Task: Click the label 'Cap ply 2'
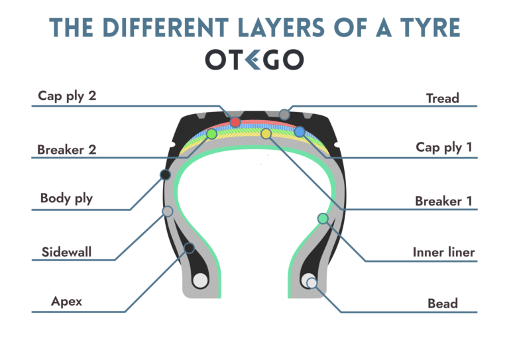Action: coord(67,95)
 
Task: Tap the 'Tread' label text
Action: coord(442,98)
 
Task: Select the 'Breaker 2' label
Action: coord(67,149)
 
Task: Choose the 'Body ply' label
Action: coord(66,198)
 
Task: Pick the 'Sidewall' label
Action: coord(66,252)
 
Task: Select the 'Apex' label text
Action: coord(66,302)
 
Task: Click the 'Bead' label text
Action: coord(442,303)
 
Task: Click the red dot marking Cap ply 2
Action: coord(235,122)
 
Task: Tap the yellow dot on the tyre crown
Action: coord(266,134)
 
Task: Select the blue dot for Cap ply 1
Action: coord(300,132)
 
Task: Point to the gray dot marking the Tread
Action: coord(284,115)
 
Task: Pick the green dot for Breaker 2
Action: coord(211,134)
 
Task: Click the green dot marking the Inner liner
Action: coord(323,218)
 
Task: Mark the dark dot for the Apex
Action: coord(190,248)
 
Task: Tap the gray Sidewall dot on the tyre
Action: coord(168,211)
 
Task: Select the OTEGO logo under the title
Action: coord(254,60)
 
